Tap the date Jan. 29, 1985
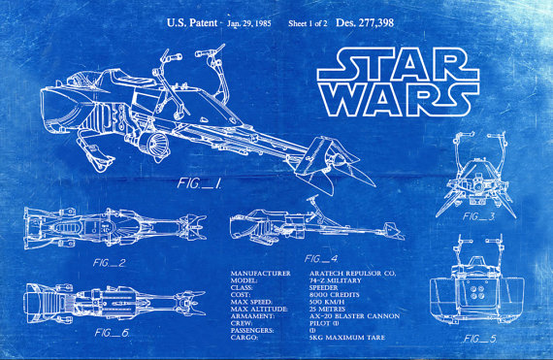[248, 21]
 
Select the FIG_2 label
[110, 263]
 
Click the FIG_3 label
[479, 216]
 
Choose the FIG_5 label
[480, 339]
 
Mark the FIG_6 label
[113, 333]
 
